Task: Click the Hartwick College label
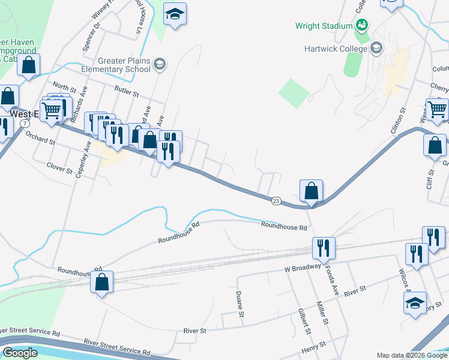(x=336, y=48)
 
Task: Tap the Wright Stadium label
(x=324, y=26)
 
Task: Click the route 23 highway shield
(x=276, y=200)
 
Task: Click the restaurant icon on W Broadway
(x=324, y=248)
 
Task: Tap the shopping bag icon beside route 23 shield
(x=312, y=191)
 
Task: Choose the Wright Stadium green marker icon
(x=362, y=25)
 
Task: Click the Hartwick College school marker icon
(x=376, y=48)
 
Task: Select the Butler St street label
(x=127, y=94)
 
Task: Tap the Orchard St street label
(x=40, y=143)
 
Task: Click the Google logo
(x=20, y=353)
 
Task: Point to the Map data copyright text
(x=411, y=355)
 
